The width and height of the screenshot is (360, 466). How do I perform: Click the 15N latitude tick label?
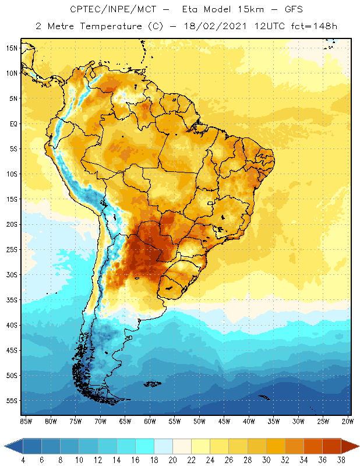point(12,48)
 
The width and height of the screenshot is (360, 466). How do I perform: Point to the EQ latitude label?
point(12,123)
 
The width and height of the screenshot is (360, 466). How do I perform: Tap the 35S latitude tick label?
point(12,300)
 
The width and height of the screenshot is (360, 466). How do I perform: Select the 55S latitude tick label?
point(12,401)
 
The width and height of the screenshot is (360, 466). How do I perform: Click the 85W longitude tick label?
point(26,421)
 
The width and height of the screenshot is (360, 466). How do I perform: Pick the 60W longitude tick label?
point(150,421)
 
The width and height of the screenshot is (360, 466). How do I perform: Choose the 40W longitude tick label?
point(249,421)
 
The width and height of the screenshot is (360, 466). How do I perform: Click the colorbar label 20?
point(173,460)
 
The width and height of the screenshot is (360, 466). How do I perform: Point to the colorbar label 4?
point(23,460)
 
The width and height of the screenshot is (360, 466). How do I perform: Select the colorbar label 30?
point(266,460)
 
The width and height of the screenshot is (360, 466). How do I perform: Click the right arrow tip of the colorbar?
point(358,446)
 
